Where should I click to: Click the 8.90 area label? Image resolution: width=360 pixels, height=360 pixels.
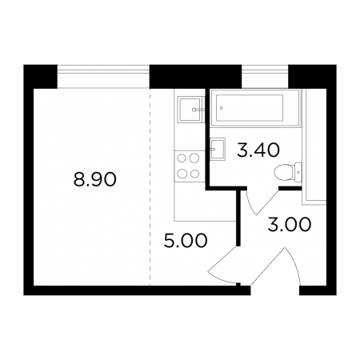pyautogui.click(x=95, y=179)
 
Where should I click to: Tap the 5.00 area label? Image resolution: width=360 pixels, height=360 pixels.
pyautogui.click(x=186, y=240)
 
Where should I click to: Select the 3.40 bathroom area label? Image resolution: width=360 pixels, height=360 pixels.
pyautogui.click(x=258, y=150)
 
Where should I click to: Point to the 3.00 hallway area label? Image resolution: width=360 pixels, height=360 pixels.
pyautogui.click(x=290, y=224)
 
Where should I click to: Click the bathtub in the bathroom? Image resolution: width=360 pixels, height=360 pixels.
pyautogui.click(x=255, y=108)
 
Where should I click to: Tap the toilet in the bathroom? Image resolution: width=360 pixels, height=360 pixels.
pyautogui.click(x=288, y=172)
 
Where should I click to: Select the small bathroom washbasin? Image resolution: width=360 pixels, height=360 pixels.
pyautogui.click(x=218, y=149)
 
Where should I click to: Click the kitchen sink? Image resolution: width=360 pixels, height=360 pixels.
pyautogui.click(x=190, y=110)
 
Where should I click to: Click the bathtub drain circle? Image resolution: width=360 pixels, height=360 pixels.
pyautogui.click(x=222, y=108)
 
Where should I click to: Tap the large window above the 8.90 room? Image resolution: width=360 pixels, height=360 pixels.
pyautogui.click(x=103, y=76)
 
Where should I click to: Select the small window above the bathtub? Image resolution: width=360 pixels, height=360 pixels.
pyautogui.click(x=265, y=76)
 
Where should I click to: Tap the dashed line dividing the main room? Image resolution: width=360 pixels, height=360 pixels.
pyautogui.click(x=150, y=187)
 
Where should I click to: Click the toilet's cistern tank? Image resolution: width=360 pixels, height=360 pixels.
pyautogui.click(x=298, y=172)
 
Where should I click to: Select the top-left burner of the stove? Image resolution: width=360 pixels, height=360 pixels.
pyautogui.click(x=182, y=158)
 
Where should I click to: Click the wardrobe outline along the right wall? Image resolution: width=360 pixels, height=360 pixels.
pyautogui.click(x=314, y=147)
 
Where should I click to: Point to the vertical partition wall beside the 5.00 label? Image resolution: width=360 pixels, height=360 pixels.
pyautogui.click(x=239, y=217)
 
